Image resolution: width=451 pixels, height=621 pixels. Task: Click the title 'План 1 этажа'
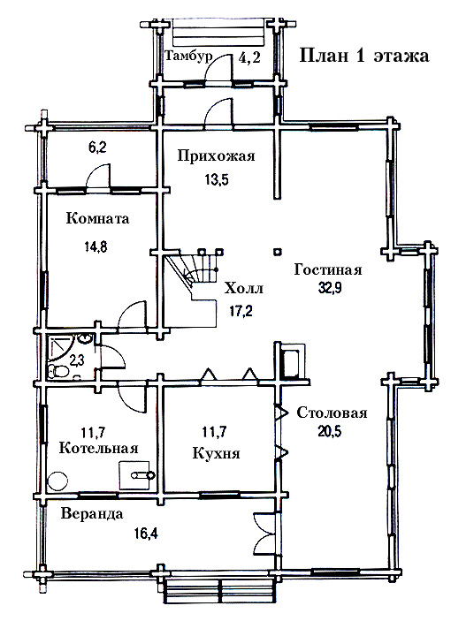[x=363, y=56]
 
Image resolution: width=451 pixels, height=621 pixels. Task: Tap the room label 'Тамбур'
[x=188, y=56]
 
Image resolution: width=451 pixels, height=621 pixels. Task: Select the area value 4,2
[x=249, y=57]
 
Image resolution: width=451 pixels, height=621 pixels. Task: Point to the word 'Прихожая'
[x=216, y=155]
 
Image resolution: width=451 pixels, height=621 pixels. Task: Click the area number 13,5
[x=217, y=179]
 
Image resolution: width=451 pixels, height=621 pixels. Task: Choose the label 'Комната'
[x=97, y=218]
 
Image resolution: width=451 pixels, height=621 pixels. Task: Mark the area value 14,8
[x=96, y=246]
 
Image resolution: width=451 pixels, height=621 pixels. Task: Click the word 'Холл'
[x=244, y=288]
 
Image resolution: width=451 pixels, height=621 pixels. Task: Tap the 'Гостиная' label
[x=328, y=270]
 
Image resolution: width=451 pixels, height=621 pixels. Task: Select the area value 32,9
[x=330, y=288]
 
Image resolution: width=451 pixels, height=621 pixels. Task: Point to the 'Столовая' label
[x=332, y=413]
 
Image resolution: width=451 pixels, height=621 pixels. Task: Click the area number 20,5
[x=330, y=430]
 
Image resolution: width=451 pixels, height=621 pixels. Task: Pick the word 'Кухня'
[x=216, y=452]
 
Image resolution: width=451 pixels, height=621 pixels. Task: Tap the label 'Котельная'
[x=99, y=449]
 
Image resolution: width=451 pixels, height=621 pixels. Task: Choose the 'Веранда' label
[x=92, y=514]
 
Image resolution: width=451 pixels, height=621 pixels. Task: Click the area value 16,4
[x=146, y=534]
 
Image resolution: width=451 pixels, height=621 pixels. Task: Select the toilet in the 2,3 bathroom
[x=57, y=372]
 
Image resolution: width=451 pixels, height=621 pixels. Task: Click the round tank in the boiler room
[x=57, y=481]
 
